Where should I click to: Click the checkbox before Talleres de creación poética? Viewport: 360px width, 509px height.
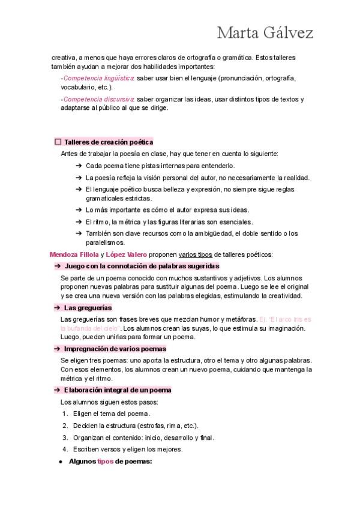coord(58,142)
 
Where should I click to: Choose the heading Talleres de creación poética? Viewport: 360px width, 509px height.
coord(109,142)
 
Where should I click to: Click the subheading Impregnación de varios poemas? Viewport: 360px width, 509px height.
coord(115,349)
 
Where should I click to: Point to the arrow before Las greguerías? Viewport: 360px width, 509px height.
coord(56,307)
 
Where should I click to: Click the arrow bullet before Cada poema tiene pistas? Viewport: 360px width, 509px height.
coord(79,166)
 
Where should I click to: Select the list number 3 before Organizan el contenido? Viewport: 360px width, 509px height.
coord(65,438)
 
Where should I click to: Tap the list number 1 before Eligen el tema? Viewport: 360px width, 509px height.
coord(65,414)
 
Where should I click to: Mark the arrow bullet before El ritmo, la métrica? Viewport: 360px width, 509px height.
coord(79,221)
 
